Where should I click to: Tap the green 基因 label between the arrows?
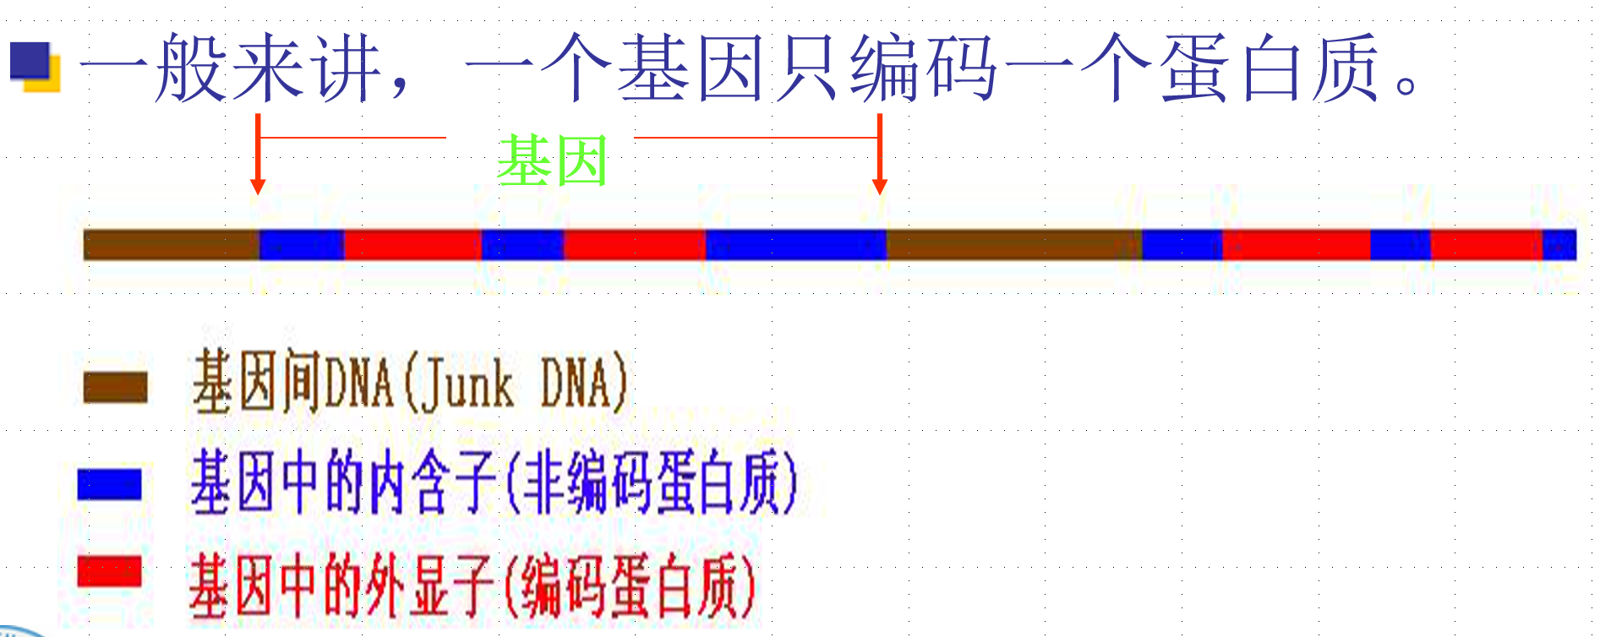coord(552,161)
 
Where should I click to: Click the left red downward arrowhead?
coord(258,185)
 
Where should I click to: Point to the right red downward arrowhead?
coord(879,185)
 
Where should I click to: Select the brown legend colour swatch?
coord(116,387)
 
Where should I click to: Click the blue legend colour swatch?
coord(109,484)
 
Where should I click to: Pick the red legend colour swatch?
coord(109,571)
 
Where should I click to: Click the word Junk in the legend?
coord(467,384)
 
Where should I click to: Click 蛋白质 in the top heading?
coord(1268,68)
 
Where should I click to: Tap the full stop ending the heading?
coord(1406,84)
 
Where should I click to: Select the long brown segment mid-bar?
coord(1013,245)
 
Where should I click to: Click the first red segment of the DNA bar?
coord(412,245)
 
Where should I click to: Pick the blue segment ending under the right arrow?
coord(795,245)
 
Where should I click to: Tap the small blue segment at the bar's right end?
coord(1559,245)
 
